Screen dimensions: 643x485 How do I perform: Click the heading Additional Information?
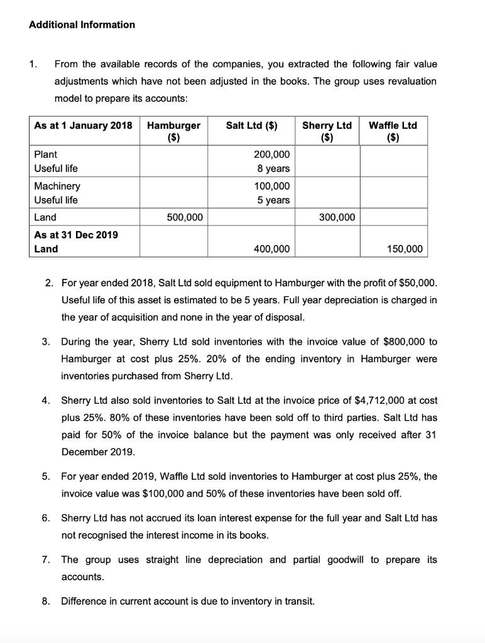point(82,24)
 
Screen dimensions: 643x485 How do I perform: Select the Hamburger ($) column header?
point(173,131)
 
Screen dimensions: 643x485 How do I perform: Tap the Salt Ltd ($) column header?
point(253,125)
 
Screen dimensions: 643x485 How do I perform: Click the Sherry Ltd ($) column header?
point(327,131)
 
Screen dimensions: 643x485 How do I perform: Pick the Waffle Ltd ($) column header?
point(393,131)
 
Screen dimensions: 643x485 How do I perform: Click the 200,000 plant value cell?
point(271,154)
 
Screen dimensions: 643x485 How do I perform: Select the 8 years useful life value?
point(275,168)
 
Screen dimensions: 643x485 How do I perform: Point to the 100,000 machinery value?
point(271,186)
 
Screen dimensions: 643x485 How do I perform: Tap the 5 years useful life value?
point(275,200)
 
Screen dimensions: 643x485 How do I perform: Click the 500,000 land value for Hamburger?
point(184,217)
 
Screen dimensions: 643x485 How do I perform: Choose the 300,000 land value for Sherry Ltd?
point(337,217)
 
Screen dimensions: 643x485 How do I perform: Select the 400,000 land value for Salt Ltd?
point(271,249)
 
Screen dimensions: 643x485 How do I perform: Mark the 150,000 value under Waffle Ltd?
point(405,249)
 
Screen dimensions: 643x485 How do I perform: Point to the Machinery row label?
point(57,186)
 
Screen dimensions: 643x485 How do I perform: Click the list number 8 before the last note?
point(45,601)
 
